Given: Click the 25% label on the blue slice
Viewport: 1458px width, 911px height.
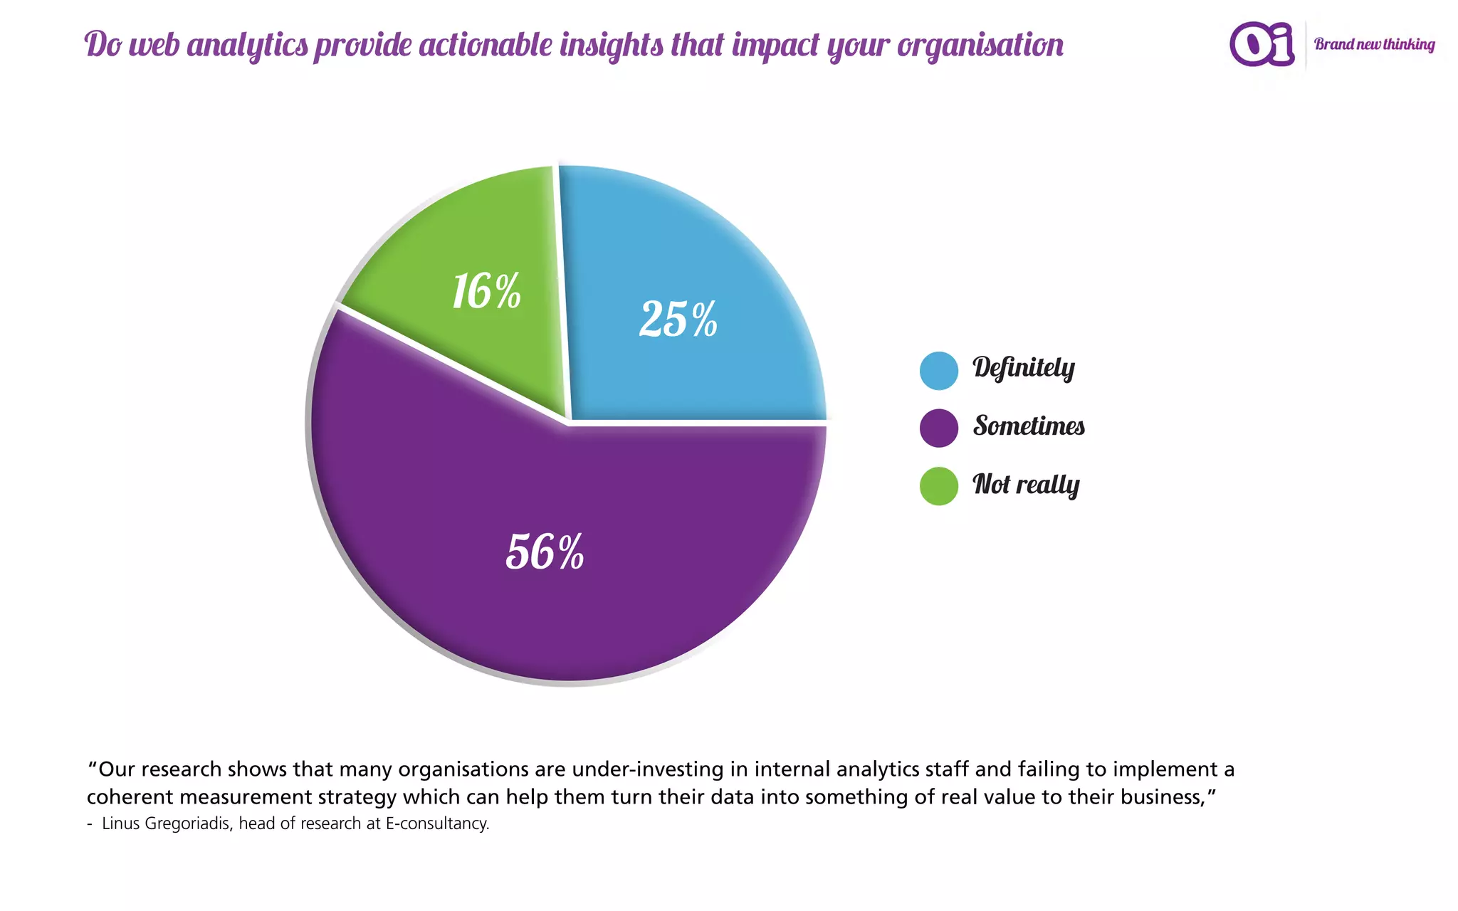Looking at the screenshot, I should point(678,319).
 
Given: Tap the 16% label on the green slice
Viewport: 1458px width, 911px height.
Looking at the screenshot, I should point(487,291).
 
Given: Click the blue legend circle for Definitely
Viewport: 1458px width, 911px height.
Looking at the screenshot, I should point(938,371).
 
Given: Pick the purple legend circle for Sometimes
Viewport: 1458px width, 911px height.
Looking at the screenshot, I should point(938,428).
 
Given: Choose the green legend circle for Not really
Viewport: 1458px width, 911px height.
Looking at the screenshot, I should point(938,486).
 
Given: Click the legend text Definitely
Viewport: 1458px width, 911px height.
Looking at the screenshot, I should point(1024,368).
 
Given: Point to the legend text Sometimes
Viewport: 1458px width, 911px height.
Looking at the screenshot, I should point(1029,426).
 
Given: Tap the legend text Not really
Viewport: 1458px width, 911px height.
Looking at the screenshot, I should point(1026,485).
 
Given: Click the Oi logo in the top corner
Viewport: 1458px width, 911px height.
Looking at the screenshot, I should point(1262,44).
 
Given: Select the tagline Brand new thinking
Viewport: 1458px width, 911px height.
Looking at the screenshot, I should point(1374,44).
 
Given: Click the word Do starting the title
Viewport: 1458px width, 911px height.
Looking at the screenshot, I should point(104,45).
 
